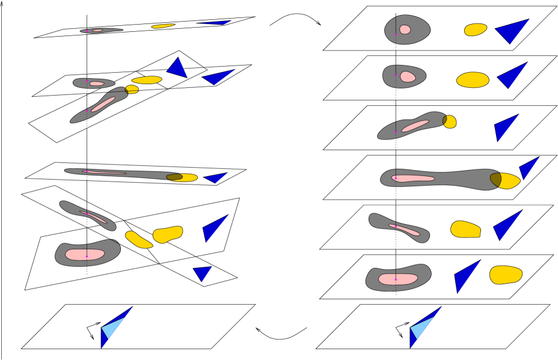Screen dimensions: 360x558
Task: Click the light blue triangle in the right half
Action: coord(420,328)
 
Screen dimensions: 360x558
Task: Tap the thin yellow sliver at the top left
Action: coord(163,26)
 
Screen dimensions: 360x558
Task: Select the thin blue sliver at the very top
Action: coord(216,23)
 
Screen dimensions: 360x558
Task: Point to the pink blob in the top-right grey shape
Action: coord(405,29)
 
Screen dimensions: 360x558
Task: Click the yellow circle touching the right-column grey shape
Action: coord(450,122)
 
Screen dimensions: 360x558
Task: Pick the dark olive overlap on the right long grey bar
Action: coord(495,179)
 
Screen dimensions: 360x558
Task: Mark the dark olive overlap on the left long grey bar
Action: coord(174,177)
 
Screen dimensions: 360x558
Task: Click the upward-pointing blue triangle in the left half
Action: coord(178,68)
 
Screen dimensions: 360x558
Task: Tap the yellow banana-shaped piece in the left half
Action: coord(138,240)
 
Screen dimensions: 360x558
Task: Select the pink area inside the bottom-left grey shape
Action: coord(84,254)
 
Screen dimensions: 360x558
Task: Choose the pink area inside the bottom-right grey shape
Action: coord(397,279)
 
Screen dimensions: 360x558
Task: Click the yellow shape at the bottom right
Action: coord(505,275)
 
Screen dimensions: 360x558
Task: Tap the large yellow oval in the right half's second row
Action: coord(473,80)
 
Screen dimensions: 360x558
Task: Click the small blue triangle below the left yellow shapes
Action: coord(203,273)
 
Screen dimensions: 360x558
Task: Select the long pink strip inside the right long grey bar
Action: coord(413,178)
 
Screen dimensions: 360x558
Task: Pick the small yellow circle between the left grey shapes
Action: coord(132,90)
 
